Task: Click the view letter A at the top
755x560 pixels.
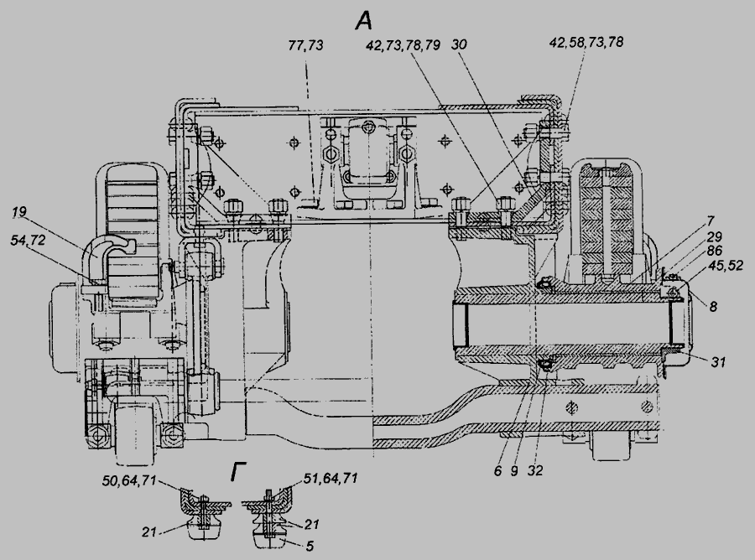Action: pos(364,21)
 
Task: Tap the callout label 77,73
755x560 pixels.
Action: pos(305,45)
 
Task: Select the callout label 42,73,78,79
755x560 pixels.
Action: pos(403,45)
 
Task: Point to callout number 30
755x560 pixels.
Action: pos(460,44)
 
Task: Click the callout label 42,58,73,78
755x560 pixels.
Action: pos(586,43)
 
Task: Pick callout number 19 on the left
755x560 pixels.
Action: pos(19,212)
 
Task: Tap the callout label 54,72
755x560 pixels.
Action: pos(28,239)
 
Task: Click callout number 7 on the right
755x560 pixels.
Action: pos(711,222)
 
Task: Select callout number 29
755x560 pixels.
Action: pos(714,236)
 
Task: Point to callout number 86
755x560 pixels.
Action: pos(715,251)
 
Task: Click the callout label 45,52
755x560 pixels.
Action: pos(726,265)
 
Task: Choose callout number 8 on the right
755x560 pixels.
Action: pos(714,307)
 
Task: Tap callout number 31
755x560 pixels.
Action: pos(717,361)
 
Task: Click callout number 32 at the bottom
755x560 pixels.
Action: pos(535,470)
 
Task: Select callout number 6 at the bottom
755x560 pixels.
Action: pos(497,470)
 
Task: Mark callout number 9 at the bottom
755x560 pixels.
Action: pos(514,470)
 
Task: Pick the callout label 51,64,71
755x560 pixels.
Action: pos(331,478)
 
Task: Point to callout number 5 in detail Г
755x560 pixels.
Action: pos(310,546)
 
